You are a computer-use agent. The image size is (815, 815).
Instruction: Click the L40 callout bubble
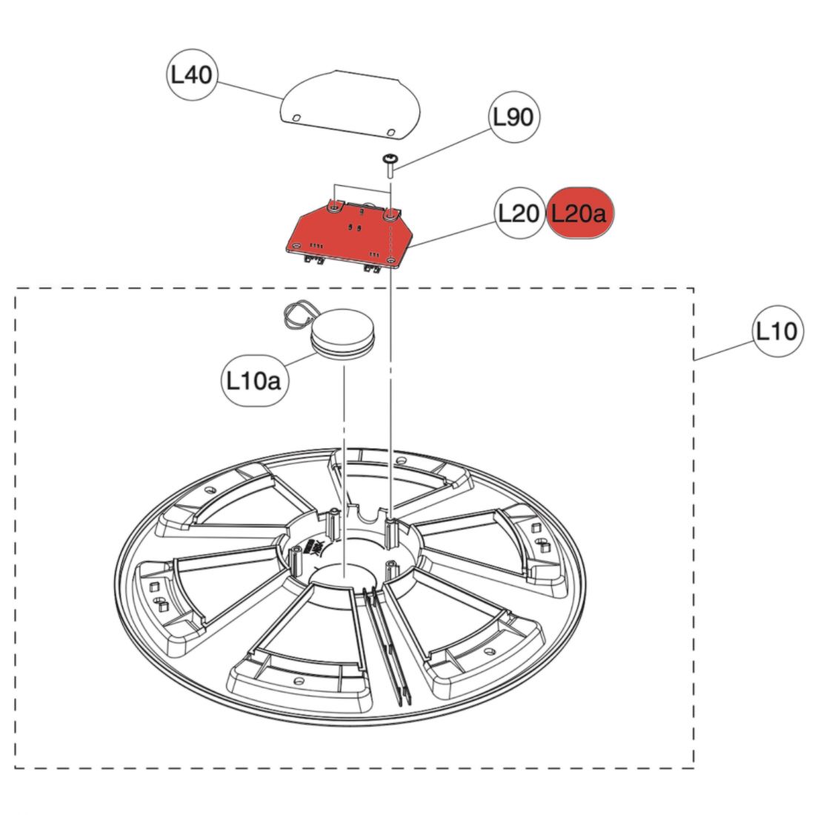coord(192,75)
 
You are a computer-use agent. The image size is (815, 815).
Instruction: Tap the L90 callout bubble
coord(513,116)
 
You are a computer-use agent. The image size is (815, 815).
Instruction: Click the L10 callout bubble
coord(776,330)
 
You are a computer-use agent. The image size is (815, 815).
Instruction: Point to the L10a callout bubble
coord(253,381)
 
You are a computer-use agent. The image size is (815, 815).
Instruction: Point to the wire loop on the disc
coord(295,313)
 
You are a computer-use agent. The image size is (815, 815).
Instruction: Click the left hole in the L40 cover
coord(296,117)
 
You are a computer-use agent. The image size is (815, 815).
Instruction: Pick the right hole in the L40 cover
coord(390,130)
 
